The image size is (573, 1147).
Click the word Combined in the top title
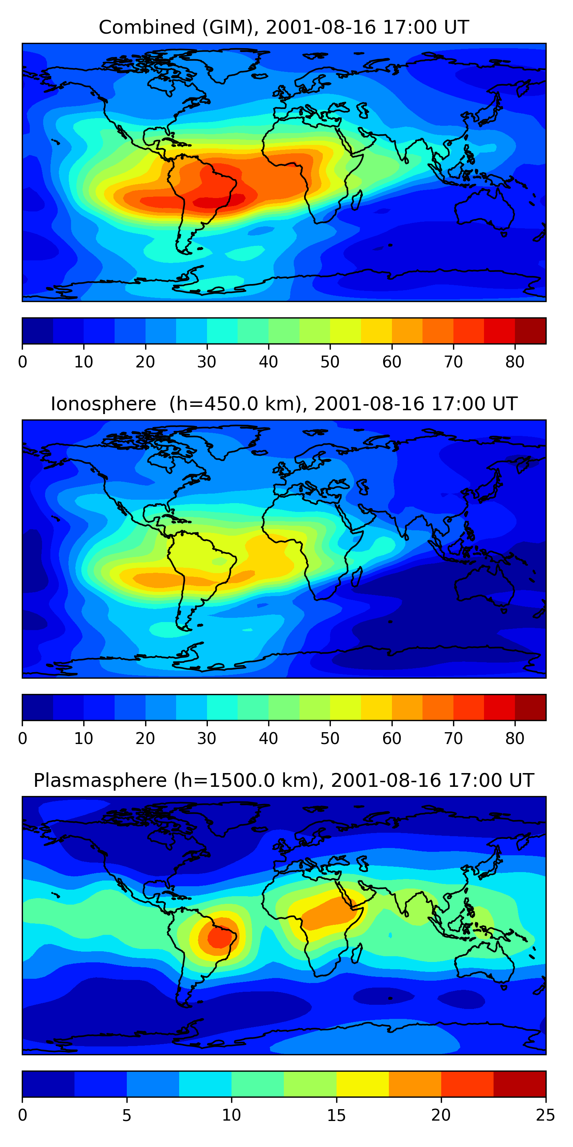pos(147,27)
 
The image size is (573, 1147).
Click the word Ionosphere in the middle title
pos(103,404)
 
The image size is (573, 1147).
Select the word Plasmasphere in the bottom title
pos(100,781)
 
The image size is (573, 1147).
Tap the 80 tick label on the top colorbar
pos(515,362)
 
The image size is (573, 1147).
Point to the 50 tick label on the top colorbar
pos(330,362)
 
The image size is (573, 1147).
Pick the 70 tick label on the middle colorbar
pos(453,739)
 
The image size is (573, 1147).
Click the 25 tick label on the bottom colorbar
pos(545,1115)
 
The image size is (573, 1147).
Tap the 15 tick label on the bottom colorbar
pos(336,1115)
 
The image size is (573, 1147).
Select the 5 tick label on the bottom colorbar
pos(127,1115)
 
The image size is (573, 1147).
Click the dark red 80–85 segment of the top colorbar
pos(530,331)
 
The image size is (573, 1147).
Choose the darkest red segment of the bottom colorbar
pos(520,1084)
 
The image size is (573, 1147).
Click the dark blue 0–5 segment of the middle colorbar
pos(38,708)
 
